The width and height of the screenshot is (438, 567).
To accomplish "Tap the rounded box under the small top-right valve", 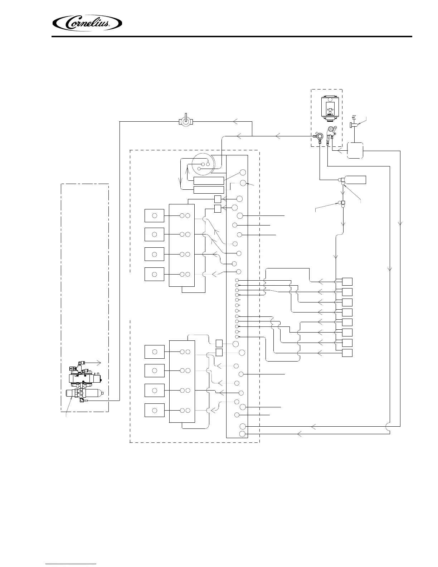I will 355,150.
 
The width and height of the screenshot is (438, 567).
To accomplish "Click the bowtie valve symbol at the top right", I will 354,118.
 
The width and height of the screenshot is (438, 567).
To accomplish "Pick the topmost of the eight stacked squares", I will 347,281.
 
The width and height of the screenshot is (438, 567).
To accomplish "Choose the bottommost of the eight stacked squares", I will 347,353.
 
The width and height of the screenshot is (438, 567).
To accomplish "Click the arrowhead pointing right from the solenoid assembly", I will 100,363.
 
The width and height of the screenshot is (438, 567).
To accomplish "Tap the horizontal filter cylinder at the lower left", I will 84,393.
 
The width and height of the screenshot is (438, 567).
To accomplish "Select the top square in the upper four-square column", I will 154,216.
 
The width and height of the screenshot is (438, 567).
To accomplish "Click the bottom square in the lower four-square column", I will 154,410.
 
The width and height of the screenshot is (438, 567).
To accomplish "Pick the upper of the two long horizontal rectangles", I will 208,180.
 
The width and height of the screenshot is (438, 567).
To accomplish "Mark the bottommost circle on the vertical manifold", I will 242,434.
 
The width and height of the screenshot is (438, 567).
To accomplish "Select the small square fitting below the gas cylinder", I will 343,203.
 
